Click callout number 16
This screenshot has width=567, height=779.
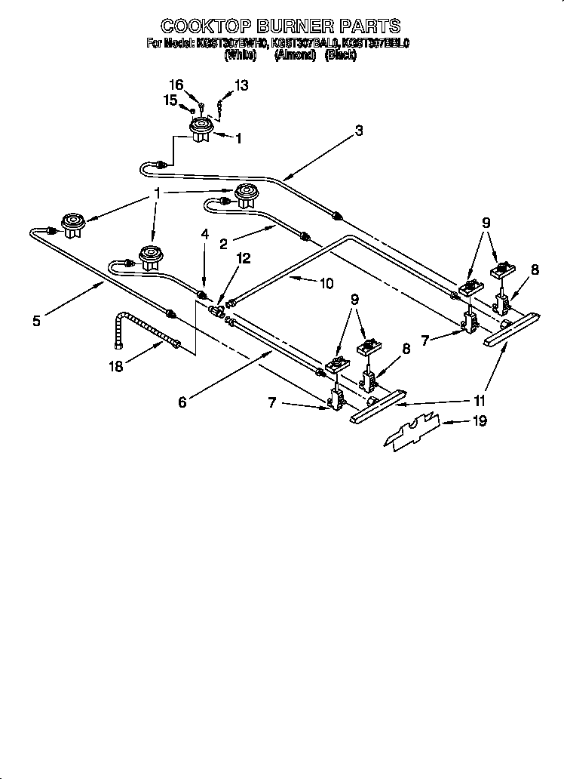176,85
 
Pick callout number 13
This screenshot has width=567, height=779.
241,86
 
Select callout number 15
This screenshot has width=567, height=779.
170,99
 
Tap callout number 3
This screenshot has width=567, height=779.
359,131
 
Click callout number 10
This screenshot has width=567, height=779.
326,284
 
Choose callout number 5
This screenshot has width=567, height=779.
37,321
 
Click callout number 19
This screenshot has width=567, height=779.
479,421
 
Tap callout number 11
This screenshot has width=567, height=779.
480,401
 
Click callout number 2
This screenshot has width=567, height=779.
223,243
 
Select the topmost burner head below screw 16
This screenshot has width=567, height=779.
200,130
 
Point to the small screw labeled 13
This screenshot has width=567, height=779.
219,106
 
